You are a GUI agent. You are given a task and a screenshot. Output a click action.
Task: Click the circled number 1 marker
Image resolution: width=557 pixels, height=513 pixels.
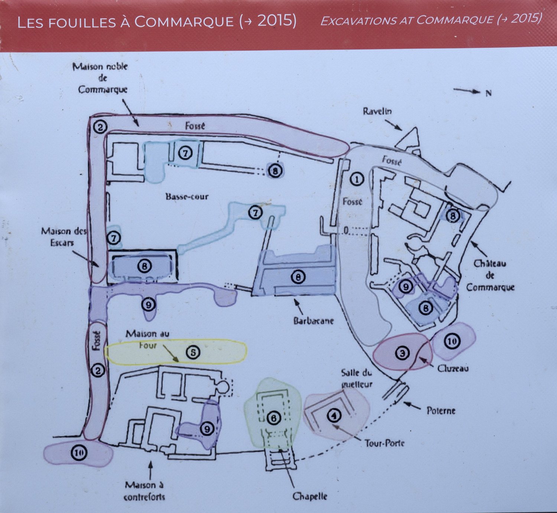357,179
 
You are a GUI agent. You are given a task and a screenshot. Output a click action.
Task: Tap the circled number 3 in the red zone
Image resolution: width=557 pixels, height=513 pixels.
402,353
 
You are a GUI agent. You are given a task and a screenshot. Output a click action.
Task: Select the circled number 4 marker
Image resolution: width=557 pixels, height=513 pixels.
334,416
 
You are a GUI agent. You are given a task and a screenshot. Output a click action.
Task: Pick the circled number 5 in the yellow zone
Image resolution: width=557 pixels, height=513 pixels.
193,352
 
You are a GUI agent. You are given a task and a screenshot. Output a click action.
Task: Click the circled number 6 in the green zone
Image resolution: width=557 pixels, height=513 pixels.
273,419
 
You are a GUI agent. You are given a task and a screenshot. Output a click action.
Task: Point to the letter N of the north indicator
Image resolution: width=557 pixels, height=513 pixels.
489,93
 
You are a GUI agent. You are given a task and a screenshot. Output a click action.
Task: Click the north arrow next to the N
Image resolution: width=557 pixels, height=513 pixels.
467,90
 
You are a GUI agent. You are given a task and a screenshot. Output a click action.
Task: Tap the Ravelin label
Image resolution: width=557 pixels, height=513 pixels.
377,111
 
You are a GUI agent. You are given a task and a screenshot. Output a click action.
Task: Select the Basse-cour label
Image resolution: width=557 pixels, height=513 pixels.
187,197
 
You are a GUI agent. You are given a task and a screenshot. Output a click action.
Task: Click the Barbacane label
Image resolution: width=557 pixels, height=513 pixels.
313,321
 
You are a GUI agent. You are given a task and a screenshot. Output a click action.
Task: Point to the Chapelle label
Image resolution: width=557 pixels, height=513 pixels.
310,496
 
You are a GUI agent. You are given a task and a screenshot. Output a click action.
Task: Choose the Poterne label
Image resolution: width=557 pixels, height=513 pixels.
441,410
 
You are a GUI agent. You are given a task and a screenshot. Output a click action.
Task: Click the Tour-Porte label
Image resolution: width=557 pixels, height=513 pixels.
384,443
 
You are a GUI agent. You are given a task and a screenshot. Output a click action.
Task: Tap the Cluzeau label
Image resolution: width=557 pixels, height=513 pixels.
453,368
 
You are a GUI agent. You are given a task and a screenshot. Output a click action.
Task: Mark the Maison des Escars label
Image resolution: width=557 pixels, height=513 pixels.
63,237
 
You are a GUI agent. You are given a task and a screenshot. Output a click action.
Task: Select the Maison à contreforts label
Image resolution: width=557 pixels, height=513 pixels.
144,491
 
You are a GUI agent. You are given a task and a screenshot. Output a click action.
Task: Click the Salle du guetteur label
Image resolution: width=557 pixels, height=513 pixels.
356,378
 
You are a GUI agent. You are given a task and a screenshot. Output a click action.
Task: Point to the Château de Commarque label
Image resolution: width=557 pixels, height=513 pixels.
490,275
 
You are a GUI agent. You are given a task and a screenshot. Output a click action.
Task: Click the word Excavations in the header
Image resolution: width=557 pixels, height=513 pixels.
358,20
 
